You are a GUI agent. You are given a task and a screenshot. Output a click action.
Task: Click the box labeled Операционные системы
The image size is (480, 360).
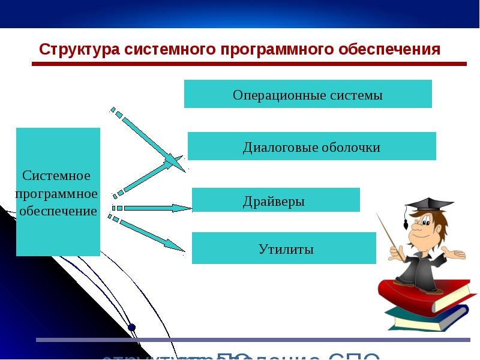click(x=308, y=94)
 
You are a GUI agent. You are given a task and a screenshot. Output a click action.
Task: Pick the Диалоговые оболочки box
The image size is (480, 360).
click(x=311, y=146)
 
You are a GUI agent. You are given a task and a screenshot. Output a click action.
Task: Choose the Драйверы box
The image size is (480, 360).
click(x=275, y=200)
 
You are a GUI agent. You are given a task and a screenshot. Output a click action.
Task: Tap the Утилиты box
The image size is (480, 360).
click(x=284, y=248)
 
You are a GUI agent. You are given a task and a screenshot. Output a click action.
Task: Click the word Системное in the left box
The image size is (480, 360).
click(x=56, y=176)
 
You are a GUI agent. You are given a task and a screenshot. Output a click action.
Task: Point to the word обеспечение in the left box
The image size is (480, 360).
click(x=58, y=211)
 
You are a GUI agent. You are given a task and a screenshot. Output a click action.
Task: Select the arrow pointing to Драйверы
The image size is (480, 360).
click(x=153, y=208)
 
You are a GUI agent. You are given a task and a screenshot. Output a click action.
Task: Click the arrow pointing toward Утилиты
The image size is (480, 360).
click(x=150, y=234)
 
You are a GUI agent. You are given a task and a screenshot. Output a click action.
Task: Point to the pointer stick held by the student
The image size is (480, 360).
click(x=387, y=231)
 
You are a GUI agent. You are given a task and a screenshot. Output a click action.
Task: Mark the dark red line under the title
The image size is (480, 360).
click(x=249, y=64)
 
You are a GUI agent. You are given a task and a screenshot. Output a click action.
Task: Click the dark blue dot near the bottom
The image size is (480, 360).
click(x=132, y=327)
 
